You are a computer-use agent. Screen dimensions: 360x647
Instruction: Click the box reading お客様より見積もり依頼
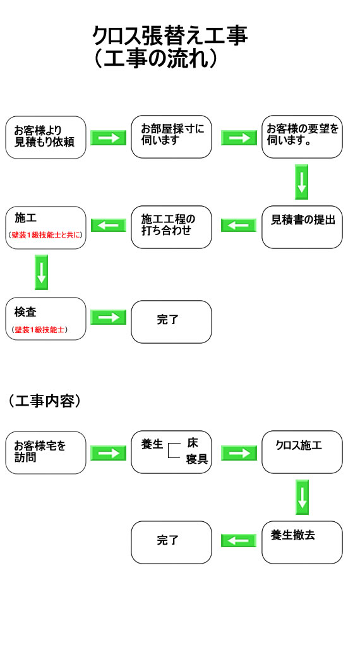click(45, 137)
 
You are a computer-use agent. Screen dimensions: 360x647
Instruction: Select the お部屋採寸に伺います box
click(172, 136)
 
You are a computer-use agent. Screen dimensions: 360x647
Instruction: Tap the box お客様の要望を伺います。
click(303, 136)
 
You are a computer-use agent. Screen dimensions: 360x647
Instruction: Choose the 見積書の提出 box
click(303, 227)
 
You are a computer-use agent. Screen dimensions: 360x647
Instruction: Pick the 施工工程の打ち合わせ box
click(172, 227)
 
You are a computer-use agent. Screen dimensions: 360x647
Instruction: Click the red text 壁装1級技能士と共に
click(45, 235)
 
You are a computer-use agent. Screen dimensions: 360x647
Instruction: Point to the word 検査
click(25, 312)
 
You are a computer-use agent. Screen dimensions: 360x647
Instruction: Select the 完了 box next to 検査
click(172, 322)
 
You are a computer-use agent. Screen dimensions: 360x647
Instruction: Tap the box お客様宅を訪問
click(45, 452)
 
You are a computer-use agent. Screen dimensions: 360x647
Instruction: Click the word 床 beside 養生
click(192, 443)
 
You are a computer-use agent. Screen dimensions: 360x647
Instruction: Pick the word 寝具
click(196, 459)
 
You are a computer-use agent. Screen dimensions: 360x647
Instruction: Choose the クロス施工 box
click(303, 452)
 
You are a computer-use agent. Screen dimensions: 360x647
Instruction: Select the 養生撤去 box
click(303, 542)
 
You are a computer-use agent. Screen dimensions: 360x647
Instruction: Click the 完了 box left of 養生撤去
click(172, 542)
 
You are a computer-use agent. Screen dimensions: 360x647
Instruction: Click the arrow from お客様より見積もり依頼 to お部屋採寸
click(109, 137)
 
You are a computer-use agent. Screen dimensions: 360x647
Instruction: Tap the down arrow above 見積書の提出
click(302, 182)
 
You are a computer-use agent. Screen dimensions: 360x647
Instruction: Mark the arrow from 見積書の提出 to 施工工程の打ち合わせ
click(239, 226)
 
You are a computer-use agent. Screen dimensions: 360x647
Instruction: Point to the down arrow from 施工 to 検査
click(41, 272)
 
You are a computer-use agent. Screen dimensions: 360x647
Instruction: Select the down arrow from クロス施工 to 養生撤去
click(303, 497)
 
